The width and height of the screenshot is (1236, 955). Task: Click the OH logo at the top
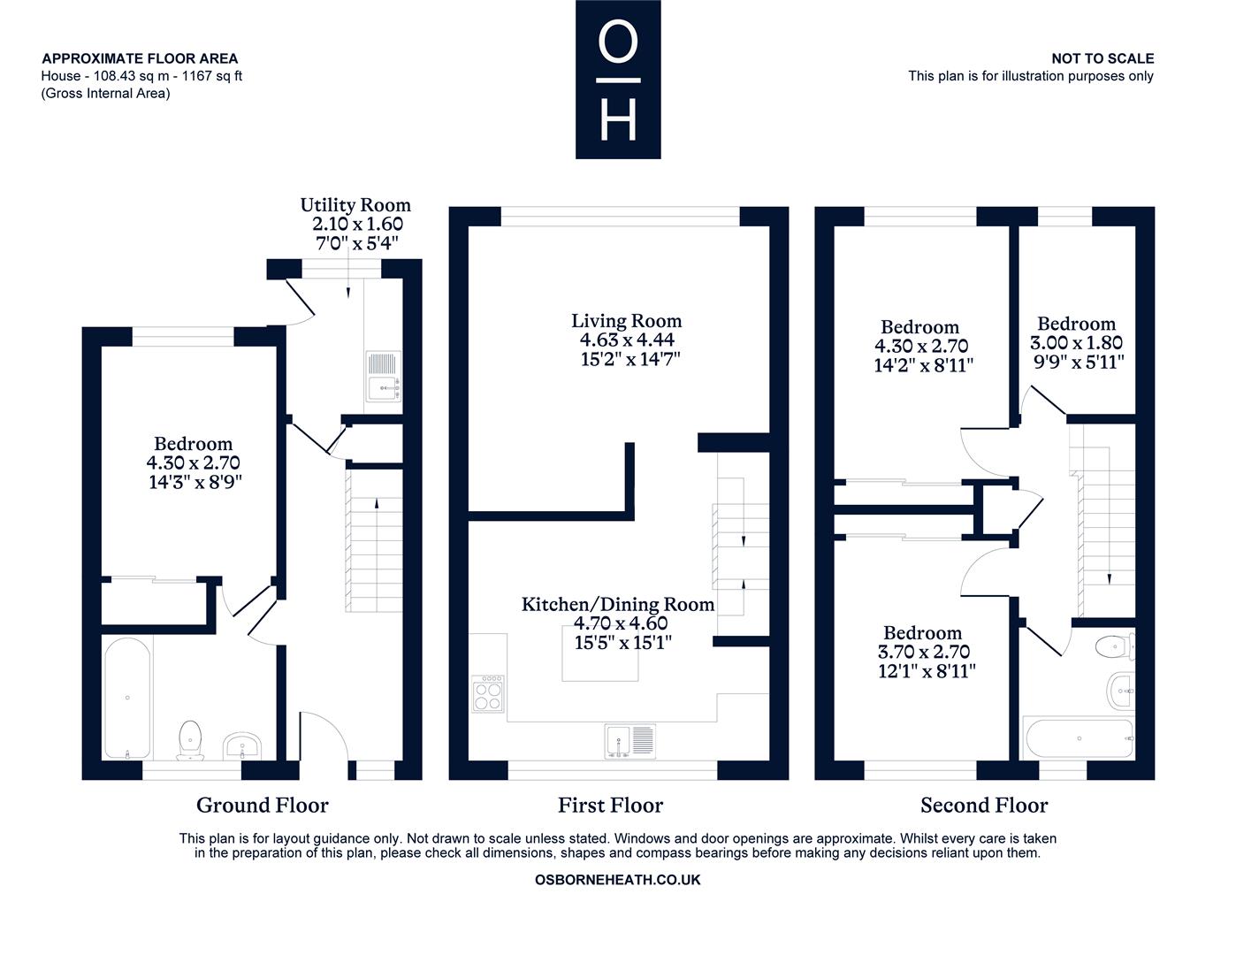[618, 80]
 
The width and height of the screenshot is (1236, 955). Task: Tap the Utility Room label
[355, 205]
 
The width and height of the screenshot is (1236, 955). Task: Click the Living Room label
[626, 321]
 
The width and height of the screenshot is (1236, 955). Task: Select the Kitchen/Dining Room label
[618, 605]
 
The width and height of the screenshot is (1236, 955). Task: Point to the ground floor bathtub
[128, 698]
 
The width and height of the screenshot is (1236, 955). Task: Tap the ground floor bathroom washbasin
[240, 745]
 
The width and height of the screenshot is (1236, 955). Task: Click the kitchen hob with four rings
[489, 693]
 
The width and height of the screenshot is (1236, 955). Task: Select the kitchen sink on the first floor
[631, 740]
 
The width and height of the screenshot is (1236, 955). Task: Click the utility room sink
[385, 378]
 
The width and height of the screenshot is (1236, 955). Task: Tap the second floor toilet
[1115, 646]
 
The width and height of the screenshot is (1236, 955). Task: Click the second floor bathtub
[1078, 737]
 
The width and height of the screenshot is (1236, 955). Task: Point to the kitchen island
[601, 658]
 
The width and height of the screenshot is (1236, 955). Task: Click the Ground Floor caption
[262, 806]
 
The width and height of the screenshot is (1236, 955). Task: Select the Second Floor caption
[984, 806]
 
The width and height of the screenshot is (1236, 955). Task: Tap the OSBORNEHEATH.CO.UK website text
[618, 880]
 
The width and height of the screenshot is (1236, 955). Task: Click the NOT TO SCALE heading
[1102, 58]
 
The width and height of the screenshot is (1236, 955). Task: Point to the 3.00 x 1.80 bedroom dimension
[1076, 343]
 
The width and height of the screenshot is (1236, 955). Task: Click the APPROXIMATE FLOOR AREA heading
[140, 58]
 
